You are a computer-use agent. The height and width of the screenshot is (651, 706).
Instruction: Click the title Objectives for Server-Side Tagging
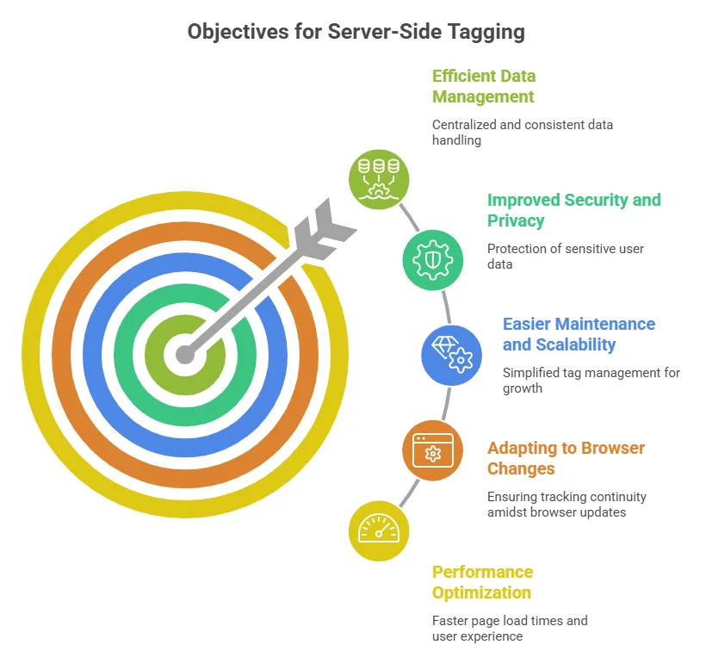coord(356,32)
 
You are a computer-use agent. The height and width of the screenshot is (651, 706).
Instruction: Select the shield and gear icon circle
coord(433,260)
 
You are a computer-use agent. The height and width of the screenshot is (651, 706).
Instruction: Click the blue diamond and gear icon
coord(451,355)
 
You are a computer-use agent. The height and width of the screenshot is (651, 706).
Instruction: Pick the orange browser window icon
coord(433,449)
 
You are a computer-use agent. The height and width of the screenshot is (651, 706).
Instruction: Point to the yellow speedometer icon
coord(379,530)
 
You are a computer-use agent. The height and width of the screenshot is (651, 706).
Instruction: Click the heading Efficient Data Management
coord(484,86)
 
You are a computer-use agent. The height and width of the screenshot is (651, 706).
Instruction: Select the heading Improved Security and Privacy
coord(573,210)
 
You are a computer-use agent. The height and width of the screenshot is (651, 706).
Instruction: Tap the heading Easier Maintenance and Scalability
coord(579,334)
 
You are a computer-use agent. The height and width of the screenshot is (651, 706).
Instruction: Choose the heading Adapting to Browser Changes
coord(566,458)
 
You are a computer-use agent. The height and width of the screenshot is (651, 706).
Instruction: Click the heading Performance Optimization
coord(482,582)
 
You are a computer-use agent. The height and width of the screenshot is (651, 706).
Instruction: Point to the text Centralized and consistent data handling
coord(522,132)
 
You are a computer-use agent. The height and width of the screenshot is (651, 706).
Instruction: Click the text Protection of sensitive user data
coord(565,256)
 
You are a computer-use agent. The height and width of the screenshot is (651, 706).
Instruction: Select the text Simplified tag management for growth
coord(591,380)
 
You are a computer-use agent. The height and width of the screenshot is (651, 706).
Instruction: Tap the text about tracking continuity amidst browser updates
coord(566,504)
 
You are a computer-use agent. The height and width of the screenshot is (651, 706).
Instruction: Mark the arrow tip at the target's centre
coord(183,353)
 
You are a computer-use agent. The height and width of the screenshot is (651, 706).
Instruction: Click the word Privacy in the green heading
coord(516,220)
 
